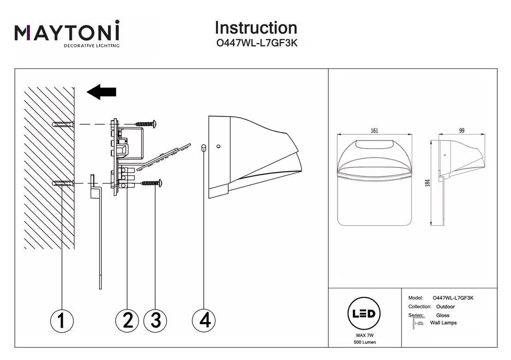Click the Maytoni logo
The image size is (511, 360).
(x=67, y=34)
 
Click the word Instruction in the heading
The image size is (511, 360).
(x=256, y=28)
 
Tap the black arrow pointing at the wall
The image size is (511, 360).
(x=101, y=92)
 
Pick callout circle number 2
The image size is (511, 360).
(x=128, y=320)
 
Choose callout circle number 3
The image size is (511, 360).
(x=155, y=320)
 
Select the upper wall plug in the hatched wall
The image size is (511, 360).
(x=63, y=124)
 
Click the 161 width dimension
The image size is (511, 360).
(x=374, y=131)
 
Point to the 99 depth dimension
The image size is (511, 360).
(x=462, y=131)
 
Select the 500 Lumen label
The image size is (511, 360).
(x=365, y=342)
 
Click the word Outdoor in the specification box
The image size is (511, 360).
(x=446, y=306)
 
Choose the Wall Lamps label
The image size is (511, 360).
(x=443, y=323)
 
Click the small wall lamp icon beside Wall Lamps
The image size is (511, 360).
(x=419, y=322)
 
